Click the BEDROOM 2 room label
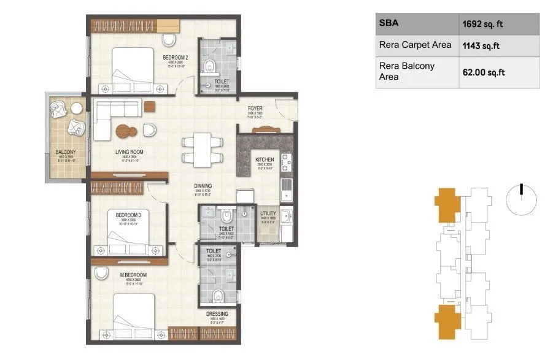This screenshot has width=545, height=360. [x=175, y=58]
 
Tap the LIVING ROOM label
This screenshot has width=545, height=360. [x=129, y=152]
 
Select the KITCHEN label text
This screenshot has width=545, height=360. [x=265, y=159]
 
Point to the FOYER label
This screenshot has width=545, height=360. [x=255, y=108]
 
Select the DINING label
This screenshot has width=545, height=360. [x=203, y=185]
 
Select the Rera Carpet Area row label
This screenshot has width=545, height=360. [x=416, y=45]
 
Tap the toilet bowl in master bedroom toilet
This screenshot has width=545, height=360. [x=216, y=297]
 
